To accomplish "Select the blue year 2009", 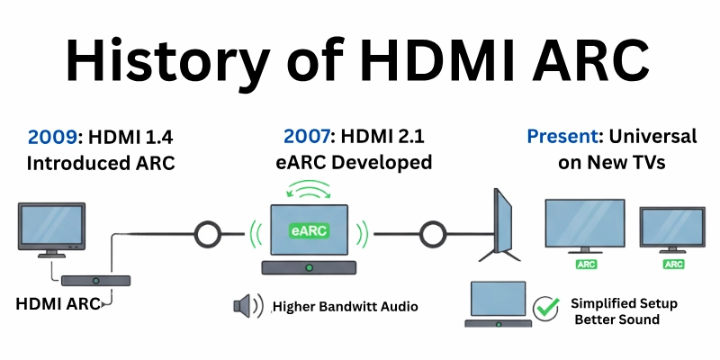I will [50, 138].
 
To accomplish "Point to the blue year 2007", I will [308, 138].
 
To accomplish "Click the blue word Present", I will [562, 138].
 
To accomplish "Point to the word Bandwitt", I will [355, 307].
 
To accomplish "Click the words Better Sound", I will [616, 320].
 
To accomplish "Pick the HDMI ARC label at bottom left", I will [57, 303].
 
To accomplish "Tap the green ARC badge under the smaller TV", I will [671, 265].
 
